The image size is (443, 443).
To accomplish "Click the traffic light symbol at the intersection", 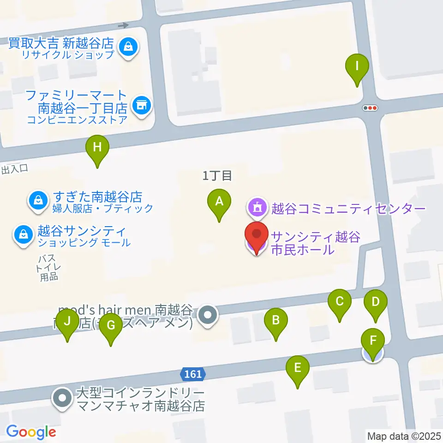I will click(x=371, y=108).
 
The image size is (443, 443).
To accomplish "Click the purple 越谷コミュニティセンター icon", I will click(x=257, y=208).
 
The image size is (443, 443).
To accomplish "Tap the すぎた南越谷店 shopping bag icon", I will click(x=36, y=200).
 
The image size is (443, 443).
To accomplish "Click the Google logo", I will click(x=31, y=432).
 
